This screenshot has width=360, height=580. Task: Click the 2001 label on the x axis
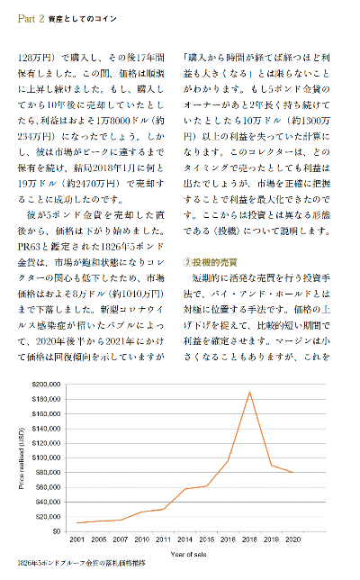point(78,539)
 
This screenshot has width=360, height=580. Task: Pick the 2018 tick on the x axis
point(250,539)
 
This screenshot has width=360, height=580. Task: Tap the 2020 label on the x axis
point(293,539)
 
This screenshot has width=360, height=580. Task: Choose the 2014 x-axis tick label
point(185,539)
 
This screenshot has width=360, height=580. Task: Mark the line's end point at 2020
point(293,472)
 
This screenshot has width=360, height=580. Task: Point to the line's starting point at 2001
point(78,522)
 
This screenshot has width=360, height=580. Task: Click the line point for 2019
point(272,465)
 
